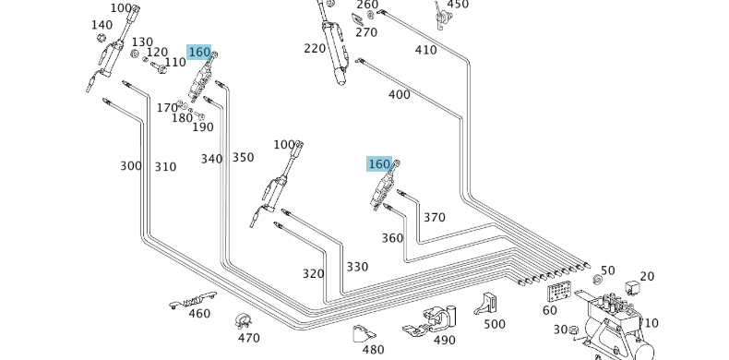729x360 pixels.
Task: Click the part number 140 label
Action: tap(102, 25)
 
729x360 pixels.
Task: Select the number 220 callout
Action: tap(315, 49)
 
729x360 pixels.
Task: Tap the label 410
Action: tap(425, 50)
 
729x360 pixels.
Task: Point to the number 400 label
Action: tap(399, 94)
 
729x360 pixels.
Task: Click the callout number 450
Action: tap(458, 5)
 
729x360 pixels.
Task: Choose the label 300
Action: tap(131, 166)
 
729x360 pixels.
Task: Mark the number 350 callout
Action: tap(243, 158)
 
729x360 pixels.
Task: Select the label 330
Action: tap(357, 267)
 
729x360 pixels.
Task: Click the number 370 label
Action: tap(434, 218)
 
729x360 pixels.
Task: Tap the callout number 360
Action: tap(392, 238)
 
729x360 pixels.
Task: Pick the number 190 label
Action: tap(203, 127)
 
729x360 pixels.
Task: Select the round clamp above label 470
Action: tap(244, 321)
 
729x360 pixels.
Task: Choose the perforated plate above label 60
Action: tap(558, 292)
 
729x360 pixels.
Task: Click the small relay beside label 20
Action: tap(633, 288)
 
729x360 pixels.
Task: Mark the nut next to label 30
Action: tap(573, 329)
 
